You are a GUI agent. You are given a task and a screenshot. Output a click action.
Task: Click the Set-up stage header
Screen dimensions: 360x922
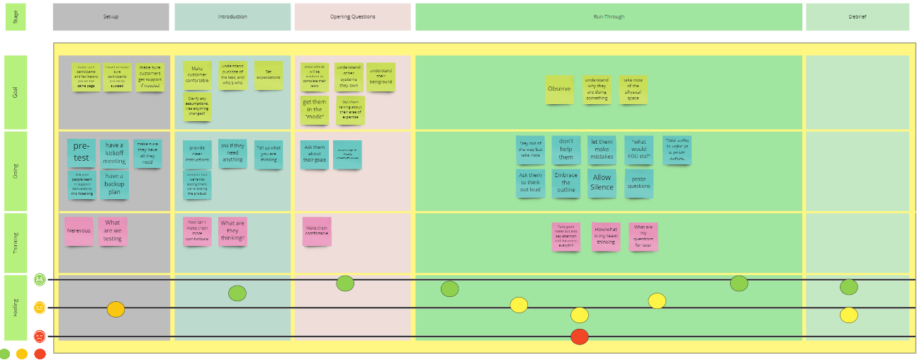(x=111, y=17)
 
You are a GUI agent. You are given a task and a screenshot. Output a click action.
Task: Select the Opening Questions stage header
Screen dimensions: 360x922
(x=352, y=17)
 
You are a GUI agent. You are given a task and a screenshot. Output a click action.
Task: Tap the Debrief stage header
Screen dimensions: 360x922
(x=857, y=17)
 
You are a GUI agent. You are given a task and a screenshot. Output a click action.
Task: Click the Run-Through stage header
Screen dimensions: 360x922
(x=609, y=17)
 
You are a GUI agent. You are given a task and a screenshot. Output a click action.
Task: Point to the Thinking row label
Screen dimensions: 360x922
(x=15, y=242)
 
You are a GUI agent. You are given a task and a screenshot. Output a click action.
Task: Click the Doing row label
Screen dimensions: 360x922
(x=15, y=171)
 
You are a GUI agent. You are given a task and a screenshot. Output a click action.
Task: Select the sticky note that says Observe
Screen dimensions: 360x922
(x=559, y=90)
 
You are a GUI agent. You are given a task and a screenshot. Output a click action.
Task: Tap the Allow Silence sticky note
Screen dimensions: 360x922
(x=602, y=183)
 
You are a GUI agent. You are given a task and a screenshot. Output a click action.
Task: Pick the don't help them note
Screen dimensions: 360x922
(x=566, y=150)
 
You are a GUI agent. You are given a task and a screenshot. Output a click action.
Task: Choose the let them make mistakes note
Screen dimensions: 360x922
(x=602, y=150)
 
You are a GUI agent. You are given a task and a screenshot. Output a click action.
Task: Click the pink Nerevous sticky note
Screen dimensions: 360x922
(x=79, y=231)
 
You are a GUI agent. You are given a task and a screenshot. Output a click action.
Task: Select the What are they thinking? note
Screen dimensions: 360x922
(x=232, y=231)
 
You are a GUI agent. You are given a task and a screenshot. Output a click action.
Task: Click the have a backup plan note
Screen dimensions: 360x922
(x=114, y=184)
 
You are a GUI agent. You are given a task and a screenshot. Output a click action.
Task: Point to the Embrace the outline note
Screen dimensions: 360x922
(x=566, y=183)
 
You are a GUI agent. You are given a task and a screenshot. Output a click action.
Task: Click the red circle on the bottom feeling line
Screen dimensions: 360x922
(x=579, y=337)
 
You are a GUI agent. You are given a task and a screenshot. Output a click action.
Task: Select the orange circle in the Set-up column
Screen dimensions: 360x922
(x=116, y=309)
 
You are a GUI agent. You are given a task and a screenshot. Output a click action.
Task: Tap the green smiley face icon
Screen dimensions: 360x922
(x=40, y=280)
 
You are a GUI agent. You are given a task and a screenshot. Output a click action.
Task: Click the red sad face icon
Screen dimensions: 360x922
(x=40, y=336)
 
